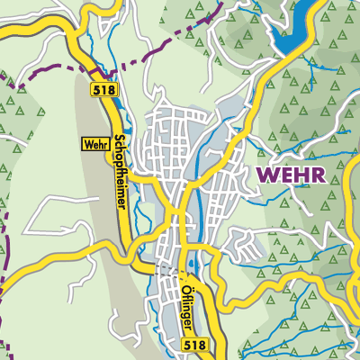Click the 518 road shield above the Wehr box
[102, 90]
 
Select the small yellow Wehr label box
[94, 143]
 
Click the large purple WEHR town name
[290, 173]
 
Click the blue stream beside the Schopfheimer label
[135, 193]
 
